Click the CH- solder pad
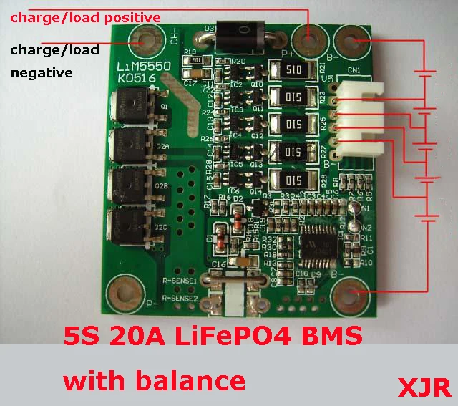coord(147,41)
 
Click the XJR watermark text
coord(424,387)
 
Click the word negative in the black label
coord(41,72)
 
